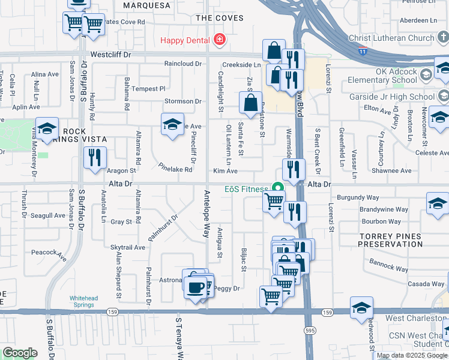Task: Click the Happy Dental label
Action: pyautogui.click(x=185, y=40)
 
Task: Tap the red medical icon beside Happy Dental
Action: pyautogui.click(x=220, y=40)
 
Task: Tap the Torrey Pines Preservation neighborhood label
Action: pyautogui.click(x=390, y=240)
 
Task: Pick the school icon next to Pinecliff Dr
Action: pyautogui.click(x=172, y=124)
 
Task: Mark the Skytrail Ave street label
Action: pyautogui.click(x=128, y=247)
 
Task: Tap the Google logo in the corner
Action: pyautogui.click(x=20, y=353)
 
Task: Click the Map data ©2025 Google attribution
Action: pyautogui.click(x=411, y=355)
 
